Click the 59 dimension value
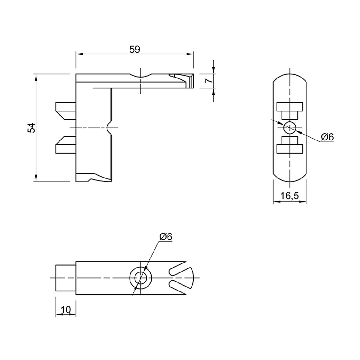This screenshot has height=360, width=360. (x=135, y=50)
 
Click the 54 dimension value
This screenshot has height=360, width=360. (x=31, y=128)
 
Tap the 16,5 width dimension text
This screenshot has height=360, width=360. (x=290, y=196)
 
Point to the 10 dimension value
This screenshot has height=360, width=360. (x=66, y=310)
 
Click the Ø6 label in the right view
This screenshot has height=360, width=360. (x=327, y=137)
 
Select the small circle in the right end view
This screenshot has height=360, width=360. (x=290, y=128)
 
